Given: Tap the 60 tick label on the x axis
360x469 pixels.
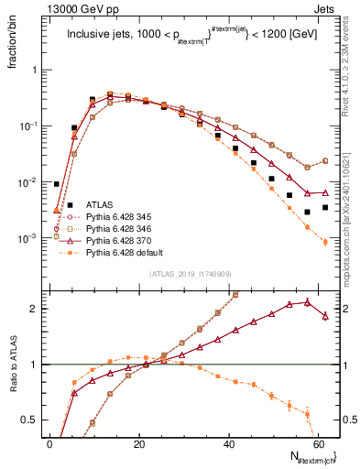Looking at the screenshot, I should (x=317, y=443).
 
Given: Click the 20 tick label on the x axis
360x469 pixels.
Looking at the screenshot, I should (x=139, y=443).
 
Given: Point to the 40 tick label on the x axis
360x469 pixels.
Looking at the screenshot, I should (x=228, y=443).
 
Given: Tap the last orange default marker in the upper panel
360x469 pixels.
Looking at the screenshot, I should (x=325, y=242).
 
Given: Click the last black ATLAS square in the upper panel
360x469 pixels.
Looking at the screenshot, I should (x=325, y=208).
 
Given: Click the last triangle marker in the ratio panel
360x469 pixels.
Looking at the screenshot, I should (x=325, y=316).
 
